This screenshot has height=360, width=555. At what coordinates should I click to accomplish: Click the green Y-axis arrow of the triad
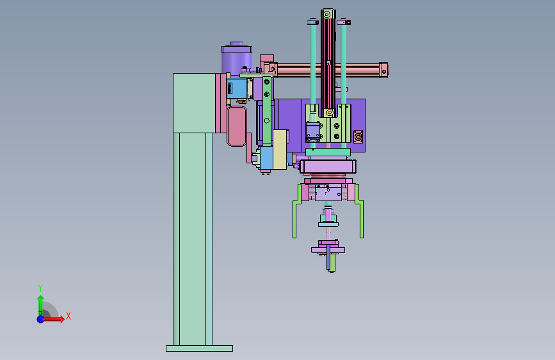(x=40, y=305)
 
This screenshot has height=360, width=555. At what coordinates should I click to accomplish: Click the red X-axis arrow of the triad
(x=53, y=319)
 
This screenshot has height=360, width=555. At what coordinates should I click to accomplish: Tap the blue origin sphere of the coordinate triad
(x=40, y=319)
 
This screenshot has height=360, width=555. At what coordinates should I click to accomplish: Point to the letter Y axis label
(x=40, y=288)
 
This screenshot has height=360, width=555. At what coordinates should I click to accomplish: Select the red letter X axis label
(x=68, y=316)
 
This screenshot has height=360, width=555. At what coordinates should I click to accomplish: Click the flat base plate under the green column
(x=199, y=348)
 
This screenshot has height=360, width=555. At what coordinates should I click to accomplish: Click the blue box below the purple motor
(x=236, y=88)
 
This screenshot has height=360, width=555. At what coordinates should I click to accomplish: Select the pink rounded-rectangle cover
(x=237, y=126)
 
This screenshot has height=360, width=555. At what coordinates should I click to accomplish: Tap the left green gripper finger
(x=296, y=212)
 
